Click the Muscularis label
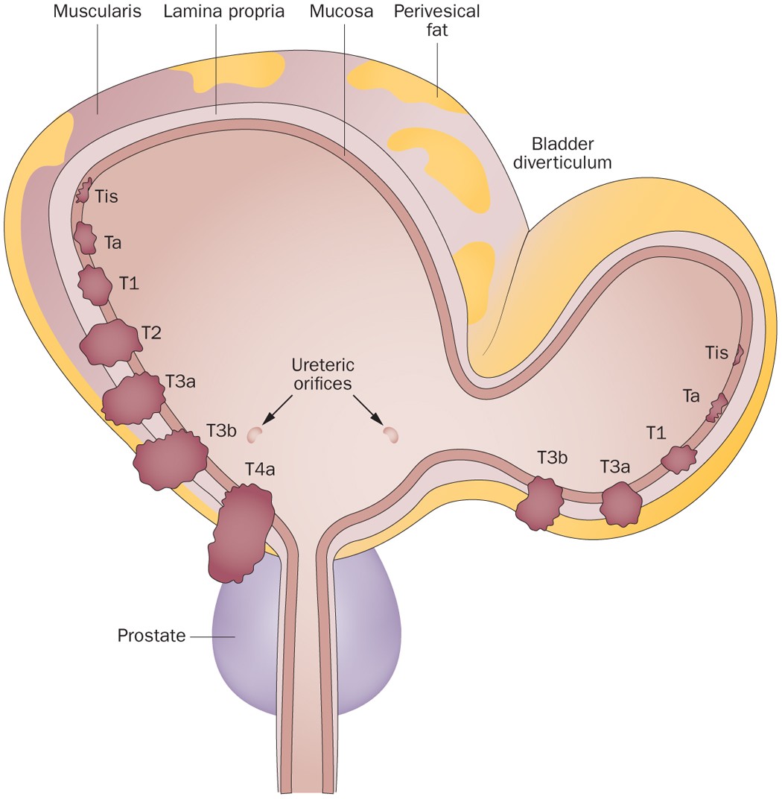(x=97, y=13)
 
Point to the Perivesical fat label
(x=437, y=22)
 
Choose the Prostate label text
(x=152, y=637)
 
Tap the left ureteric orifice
(x=255, y=433)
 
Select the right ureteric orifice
(x=390, y=434)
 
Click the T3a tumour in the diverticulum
(x=620, y=504)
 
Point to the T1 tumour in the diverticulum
(x=678, y=458)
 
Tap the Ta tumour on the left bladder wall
(x=85, y=237)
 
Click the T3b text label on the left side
(x=221, y=431)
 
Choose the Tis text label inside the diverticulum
(x=716, y=353)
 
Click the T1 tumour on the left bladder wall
(x=95, y=285)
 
